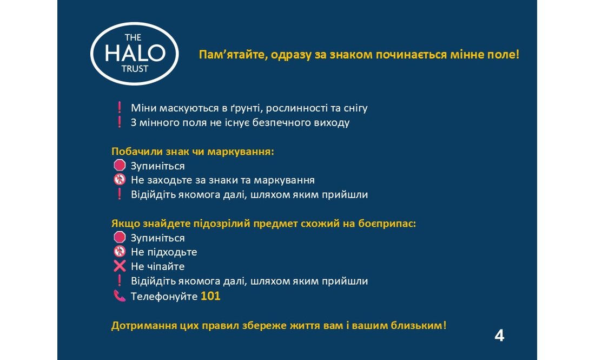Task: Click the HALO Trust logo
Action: (135, 53)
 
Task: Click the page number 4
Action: (499, 336)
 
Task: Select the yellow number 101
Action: (210, 296)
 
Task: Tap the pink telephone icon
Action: (120, 296)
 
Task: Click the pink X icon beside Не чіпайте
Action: (120, 266)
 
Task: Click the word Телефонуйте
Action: (164, 297)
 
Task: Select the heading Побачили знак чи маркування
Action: (193, 152)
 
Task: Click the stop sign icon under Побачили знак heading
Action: (120, 166)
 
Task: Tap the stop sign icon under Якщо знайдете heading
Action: (120, 238)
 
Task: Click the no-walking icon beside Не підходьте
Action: (120, 252)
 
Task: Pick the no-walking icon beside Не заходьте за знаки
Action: (120, 180)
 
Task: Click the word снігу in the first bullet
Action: (354, 108)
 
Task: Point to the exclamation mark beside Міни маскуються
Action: (120, 108)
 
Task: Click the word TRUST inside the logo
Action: (135, 69)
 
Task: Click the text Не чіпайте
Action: (157, 267)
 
